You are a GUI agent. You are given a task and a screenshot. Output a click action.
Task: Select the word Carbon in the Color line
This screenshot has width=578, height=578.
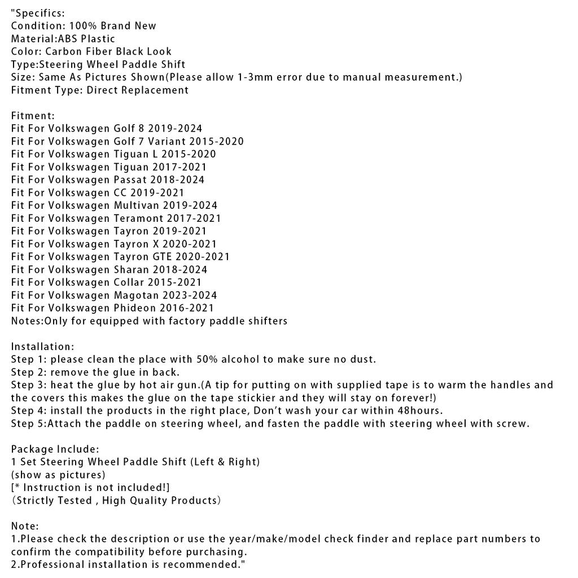[x=63, y=52]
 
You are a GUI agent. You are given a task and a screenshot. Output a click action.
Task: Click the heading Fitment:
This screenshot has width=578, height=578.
[x=33, y=116]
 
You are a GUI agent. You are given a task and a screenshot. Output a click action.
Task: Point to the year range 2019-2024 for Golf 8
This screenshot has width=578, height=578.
[x=175, y=129]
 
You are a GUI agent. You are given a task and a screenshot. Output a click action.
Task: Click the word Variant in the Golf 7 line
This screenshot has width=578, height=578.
[x=166, y=142]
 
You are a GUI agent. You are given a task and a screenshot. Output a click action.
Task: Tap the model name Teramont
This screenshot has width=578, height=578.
[x=138, y=218]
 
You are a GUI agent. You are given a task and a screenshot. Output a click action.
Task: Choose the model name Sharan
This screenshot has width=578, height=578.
[x=132, y=270]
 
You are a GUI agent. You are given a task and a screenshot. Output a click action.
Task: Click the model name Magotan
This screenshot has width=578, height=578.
[x=137, y=295]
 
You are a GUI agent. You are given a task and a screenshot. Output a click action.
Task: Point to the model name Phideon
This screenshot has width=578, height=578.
[x=136, y=308]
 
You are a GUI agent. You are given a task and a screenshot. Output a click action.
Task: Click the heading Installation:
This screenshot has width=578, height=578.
[x=42, y=347]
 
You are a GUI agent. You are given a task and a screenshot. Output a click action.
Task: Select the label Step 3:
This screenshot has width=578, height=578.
[x=29, y=386]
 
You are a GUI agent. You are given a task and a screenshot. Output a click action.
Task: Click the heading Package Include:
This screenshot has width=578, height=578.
[x=55, y=449]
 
